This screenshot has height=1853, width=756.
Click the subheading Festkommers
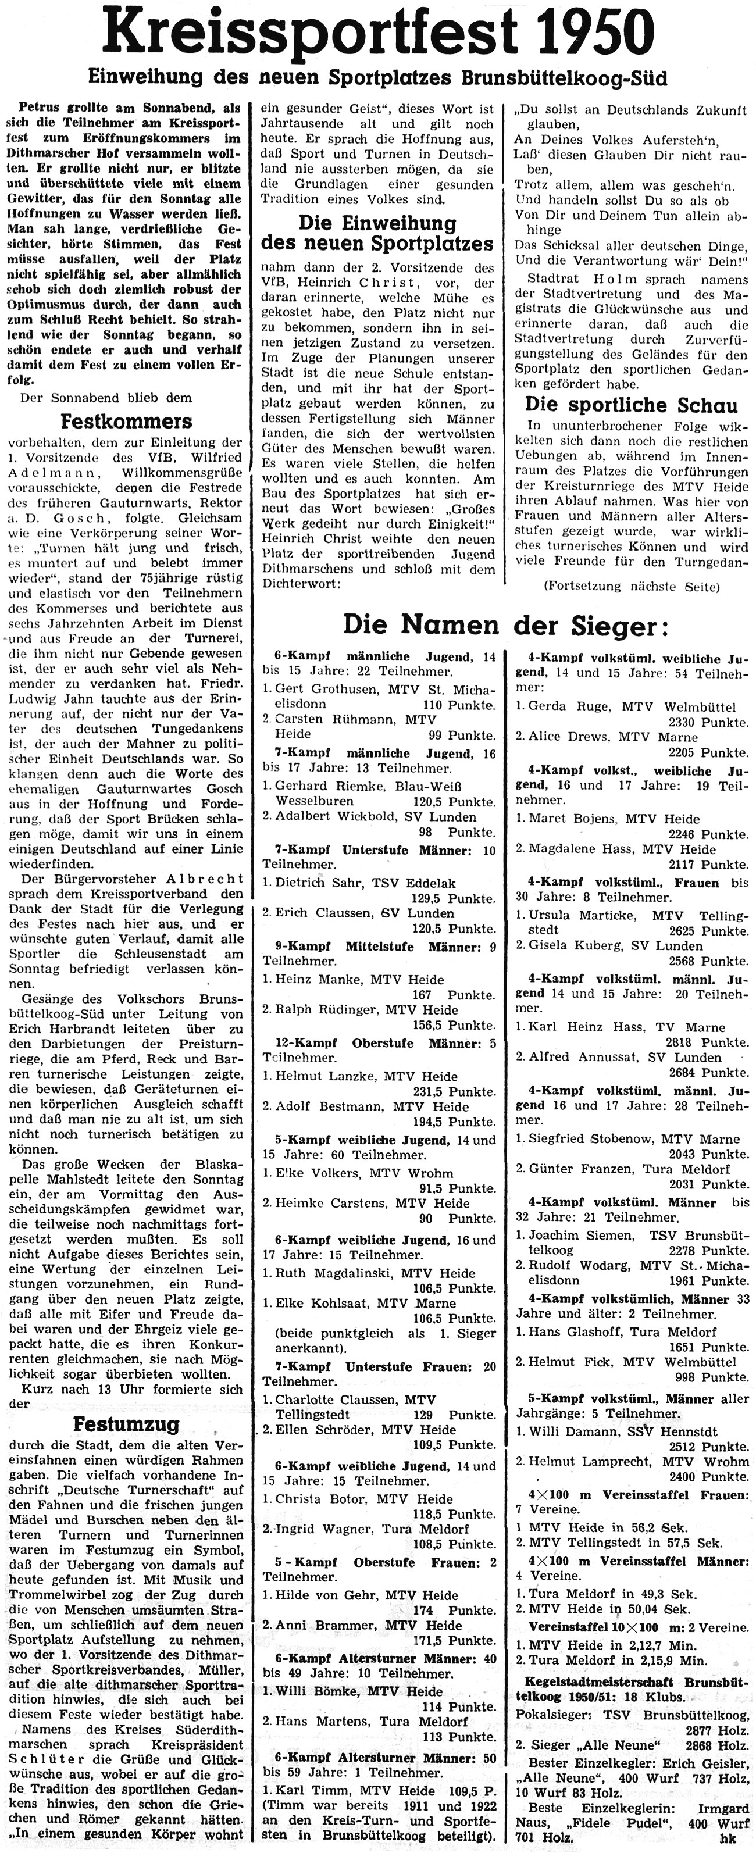coord(127,420)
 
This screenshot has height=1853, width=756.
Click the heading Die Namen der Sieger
coord(506,624)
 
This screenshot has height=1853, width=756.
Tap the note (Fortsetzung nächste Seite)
coord(631,586)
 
